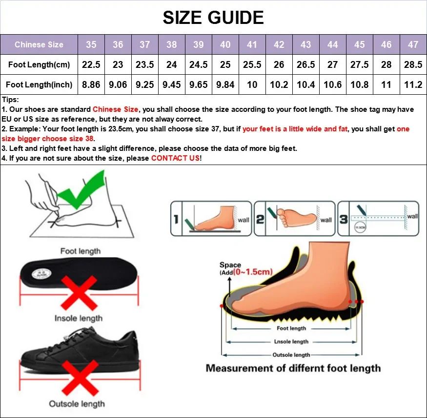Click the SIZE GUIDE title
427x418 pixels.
pos(213,18)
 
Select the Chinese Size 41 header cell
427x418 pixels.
pos(252,44)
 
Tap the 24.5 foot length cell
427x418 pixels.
pos(198,64)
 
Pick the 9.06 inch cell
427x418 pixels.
pos(118,84)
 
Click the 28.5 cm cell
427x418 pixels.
pos(413,64)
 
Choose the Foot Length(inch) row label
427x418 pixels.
pos(39,84)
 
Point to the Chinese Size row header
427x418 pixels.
pos(39,44)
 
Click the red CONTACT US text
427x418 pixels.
pos(175,158)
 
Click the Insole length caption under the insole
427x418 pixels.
pos(79,318)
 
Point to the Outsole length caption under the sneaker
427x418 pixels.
pos(77,403)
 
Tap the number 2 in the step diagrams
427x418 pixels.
pos(260,220)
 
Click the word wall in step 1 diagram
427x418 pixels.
pos(243,220)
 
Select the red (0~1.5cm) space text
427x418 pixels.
pos(252,272)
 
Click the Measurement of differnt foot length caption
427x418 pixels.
pos(293,368)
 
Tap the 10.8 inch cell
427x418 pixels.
pos(359,84)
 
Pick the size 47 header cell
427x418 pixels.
pos(413,44)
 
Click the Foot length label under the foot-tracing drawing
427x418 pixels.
pos(80,251)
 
